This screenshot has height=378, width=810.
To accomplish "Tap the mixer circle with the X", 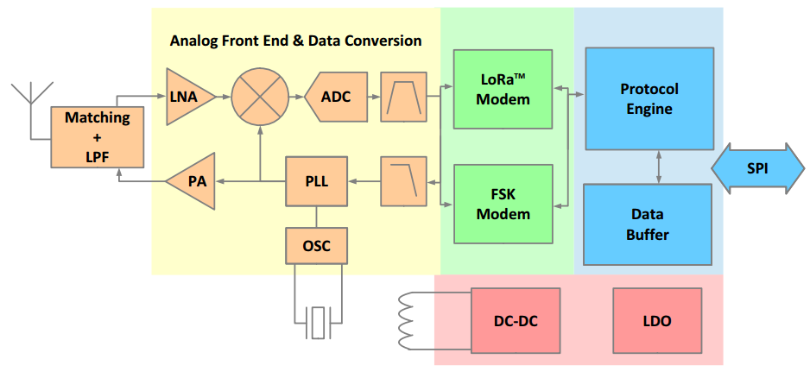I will (260, 97).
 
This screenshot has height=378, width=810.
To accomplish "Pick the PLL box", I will (316, 181).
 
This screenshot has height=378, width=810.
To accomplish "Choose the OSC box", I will (316, 246).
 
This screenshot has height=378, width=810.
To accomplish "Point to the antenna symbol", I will (31, 93).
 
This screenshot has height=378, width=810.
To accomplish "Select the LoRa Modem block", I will (503, 90).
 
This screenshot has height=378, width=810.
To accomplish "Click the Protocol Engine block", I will (649, 99).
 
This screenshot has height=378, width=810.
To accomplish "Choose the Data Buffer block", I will (648, 224).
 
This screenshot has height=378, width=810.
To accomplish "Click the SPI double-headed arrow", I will (756, 168).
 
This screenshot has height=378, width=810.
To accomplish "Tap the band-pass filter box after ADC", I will (403, 97).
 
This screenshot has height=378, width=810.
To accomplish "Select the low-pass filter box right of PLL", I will (403, 181).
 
